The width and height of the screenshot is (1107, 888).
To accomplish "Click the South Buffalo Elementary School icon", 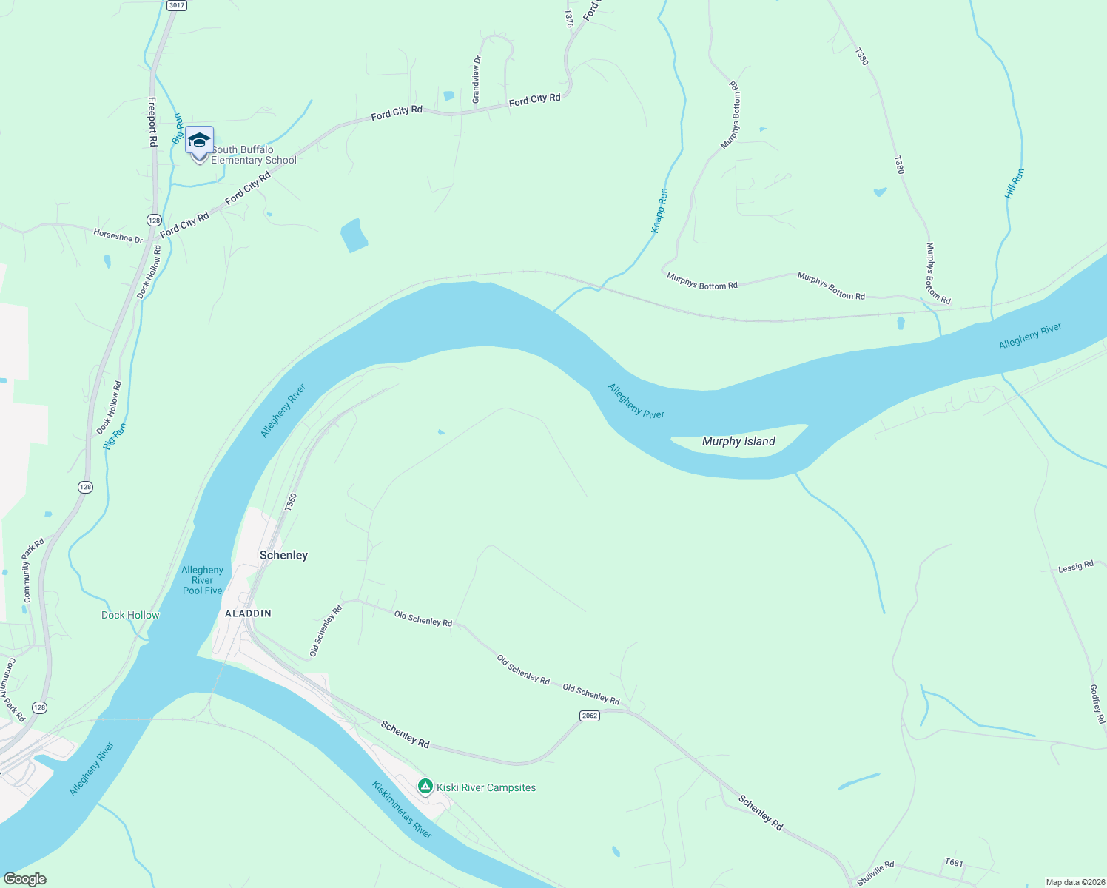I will (x=199, y=140).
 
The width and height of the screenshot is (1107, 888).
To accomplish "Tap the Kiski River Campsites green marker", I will (x=425, y=786).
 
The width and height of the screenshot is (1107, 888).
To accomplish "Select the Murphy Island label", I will (x=738, y=441).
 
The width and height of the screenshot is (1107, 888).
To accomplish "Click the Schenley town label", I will (x=283, y=555).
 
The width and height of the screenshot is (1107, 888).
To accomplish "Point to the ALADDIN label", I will (x=248, y=613).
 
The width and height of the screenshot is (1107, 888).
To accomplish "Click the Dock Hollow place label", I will (x=130, y=615).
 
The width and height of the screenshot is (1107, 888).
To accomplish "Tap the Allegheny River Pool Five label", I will (x=202, y=580).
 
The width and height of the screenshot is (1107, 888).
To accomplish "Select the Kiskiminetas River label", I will (x=402, y=810).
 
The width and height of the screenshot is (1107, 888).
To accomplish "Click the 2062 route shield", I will (x=589, y=716).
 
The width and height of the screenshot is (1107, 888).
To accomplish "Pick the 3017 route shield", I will (x=176, y=5).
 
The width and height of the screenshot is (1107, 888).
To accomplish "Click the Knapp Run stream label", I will (x=659, y=211).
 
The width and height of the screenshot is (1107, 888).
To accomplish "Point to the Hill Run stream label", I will (x=1015, y=184).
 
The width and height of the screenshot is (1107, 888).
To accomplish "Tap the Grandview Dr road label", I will (x=477, y=79).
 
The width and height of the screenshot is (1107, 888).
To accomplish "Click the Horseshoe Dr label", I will (x=118, y=236).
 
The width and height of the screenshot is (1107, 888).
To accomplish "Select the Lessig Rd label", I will (x=1075, y=567).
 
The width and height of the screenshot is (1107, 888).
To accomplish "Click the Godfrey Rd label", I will (x=1097, y=704).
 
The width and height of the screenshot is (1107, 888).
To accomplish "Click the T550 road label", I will (x=291, y=502).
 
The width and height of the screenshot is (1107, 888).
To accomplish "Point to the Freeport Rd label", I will (x=152, y=121).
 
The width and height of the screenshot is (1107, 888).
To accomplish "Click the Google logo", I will (x=24, y=879).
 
